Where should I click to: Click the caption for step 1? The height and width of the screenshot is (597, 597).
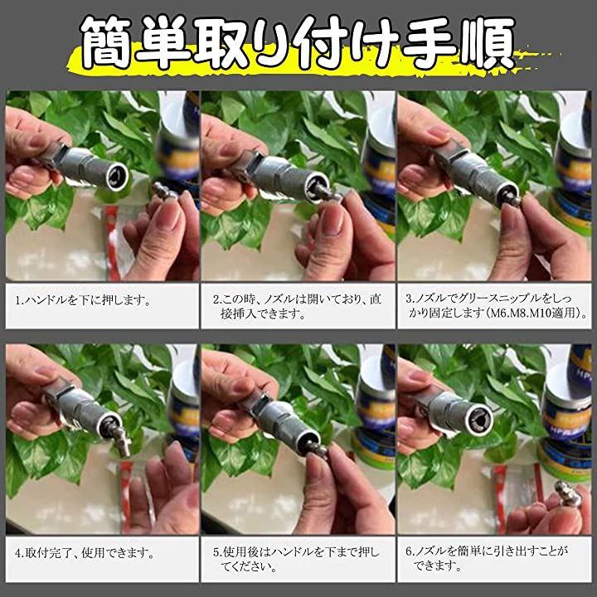tap(83, 300)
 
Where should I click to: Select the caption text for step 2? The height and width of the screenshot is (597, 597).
tap(297, 306)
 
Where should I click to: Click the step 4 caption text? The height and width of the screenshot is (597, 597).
tap(85, 553)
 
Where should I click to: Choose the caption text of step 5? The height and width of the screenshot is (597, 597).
tap(296, 559)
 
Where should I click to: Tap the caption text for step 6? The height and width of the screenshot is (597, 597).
tap(487, 558)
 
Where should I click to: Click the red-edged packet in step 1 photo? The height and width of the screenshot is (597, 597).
tap(114, 242)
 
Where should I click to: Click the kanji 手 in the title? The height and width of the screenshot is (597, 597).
tap(430, 42)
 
